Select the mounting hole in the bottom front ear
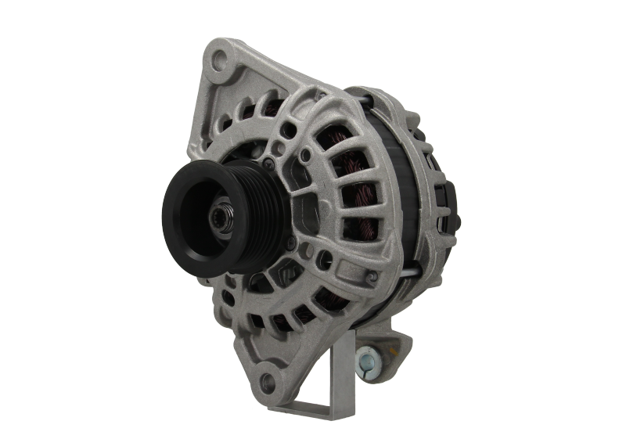[265, 383]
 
